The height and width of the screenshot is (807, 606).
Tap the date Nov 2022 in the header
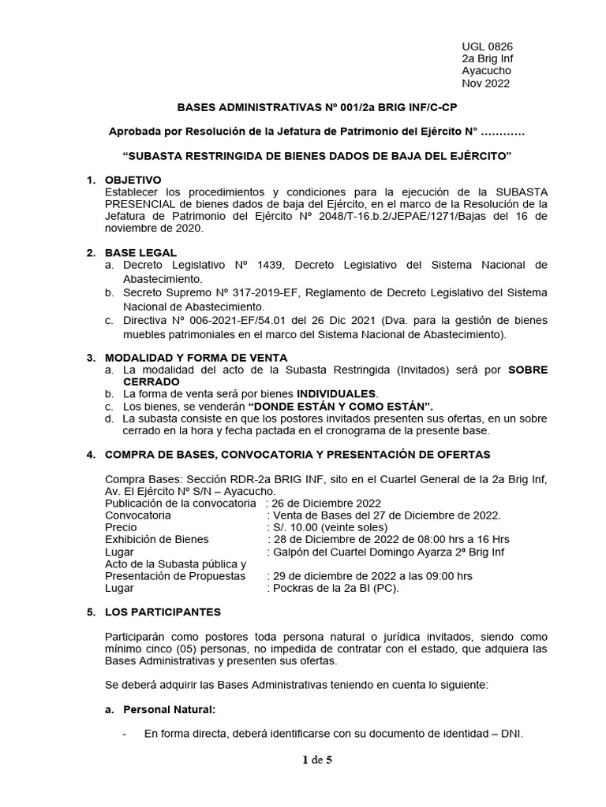click(x=485, y=84)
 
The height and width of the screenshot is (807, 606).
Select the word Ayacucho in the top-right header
click(x=486, y=71)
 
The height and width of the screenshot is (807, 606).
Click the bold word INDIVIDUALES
click(x=337, y=393)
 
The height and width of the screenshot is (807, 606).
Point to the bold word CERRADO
click(x=148, y=381)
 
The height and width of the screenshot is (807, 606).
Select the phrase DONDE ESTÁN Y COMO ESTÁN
click(x=341, y=405)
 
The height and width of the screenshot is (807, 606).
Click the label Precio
click(x=121, y=527)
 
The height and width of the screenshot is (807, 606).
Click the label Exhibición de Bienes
click(x=156, y=539)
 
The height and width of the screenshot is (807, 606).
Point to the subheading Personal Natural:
click(x=170, y=709)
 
